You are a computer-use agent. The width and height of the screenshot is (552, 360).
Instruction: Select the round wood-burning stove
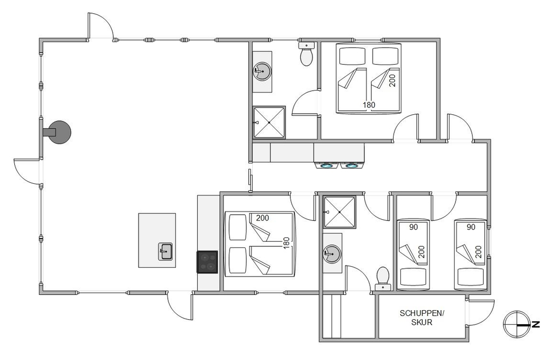59,132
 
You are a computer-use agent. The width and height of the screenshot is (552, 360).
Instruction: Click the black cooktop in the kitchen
207,262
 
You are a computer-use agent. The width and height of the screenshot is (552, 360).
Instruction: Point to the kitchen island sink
165,252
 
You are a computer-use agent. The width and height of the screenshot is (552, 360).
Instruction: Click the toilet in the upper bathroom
306,54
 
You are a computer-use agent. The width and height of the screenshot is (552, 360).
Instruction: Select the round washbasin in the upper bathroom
262,71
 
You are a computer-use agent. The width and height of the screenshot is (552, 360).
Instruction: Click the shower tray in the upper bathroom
269,122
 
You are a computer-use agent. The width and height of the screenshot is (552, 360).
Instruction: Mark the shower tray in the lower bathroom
339,212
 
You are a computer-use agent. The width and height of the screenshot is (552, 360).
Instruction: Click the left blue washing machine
327,165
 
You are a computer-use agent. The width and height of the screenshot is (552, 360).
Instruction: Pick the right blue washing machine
352,165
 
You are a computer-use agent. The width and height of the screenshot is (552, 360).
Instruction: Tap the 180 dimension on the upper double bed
369,104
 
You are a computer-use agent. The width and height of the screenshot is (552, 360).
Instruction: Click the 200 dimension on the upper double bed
392,80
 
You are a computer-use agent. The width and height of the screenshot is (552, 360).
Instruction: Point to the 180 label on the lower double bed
286,243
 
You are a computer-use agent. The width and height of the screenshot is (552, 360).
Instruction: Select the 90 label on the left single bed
413,227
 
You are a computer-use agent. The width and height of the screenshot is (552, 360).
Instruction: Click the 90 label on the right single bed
471,227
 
